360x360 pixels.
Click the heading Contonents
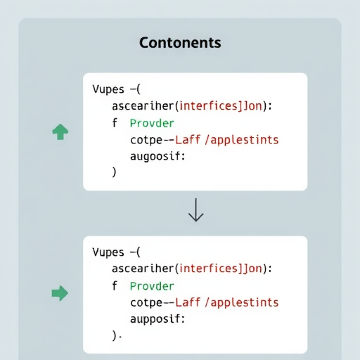(x=180, y=43)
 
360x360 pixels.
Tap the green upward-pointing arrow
(x=60, y=131)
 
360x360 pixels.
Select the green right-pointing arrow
(x=60, y=293)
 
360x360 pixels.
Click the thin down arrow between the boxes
(x=196, y=210)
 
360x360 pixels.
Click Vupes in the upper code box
(x=108, y=89)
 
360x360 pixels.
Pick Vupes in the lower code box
(x=108, y=252)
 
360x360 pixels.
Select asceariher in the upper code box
(x=143, y=106)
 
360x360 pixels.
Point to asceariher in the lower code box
(x=143, y=269)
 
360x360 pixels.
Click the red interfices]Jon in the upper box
(x=220, y=106)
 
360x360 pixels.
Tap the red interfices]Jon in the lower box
(x=220, y=269)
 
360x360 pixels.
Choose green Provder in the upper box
(x=152, y=123)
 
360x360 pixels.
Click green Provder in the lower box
(x=152, y=286)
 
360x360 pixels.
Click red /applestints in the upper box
(x=242, y=140)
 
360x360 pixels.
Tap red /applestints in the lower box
(x=242, y=302)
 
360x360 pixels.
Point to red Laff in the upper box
(x=188, y=140)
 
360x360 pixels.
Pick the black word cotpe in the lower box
(x=146, y=303)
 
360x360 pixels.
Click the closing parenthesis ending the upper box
(x=114, y=172)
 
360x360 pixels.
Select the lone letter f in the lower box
(x=115, y=285)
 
